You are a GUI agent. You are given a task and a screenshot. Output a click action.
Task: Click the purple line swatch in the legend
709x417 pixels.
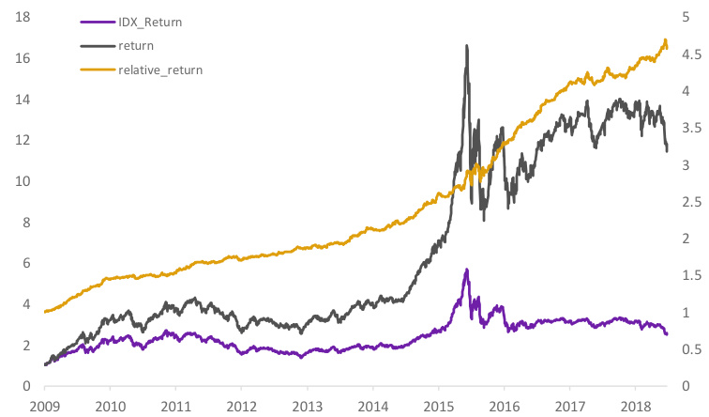97,21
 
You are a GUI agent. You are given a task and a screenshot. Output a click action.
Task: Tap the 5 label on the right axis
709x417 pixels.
686,18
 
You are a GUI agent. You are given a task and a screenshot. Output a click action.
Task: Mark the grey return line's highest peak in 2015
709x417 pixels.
466,45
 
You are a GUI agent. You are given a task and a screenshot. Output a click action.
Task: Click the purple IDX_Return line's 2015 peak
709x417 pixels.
466,270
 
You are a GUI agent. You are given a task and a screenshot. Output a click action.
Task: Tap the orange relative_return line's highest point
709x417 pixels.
665,40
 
